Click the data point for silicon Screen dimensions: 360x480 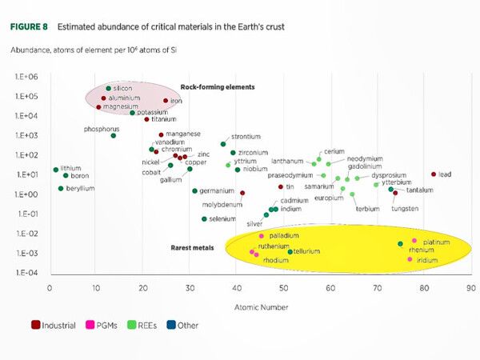(108, 88)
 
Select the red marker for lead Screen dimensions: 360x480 (434, 174)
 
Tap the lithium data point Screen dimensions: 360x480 (56, 170)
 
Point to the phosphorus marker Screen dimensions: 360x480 (114, 135)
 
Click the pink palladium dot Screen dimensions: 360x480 (262, 236)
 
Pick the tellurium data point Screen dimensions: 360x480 (290, 251)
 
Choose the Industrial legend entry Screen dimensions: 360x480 (54, 326)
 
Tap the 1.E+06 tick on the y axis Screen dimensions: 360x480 (26, 77)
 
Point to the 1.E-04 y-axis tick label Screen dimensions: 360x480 (26, 273)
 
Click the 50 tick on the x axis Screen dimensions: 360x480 (283, 287)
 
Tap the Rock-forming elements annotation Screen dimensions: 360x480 (217, 86)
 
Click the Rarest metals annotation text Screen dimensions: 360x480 (192, 248)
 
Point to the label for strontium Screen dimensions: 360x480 (246, 137)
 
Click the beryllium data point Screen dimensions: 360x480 (61, 188)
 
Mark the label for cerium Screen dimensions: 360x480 (334, 151)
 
